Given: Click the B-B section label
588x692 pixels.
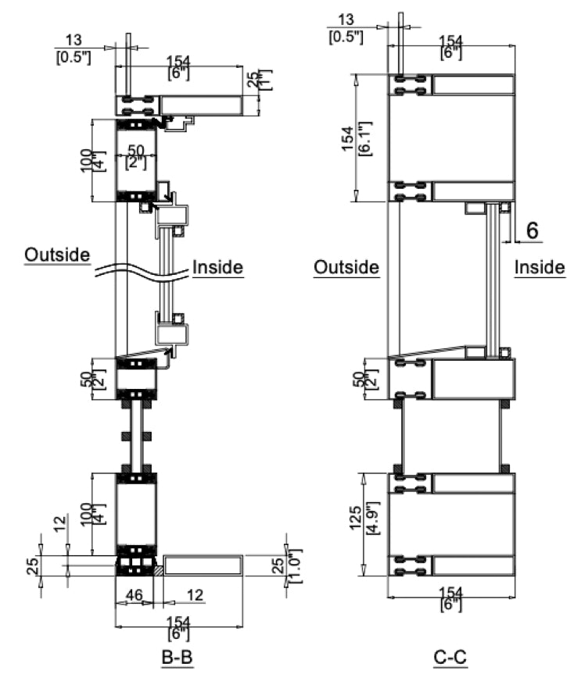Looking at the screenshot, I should pyautogui.click(x=177, y=658).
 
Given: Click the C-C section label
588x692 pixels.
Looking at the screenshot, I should pyautogui.click(x=450, y=658).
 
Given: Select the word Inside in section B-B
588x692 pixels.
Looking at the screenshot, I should pyautogui.click(x=217, y=267).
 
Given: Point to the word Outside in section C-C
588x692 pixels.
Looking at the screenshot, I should pyautogui.click(x=346, y=267).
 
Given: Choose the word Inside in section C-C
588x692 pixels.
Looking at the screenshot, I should pyautogui.click(x=540, y=267).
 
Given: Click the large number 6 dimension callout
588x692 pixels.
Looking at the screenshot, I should pyautogui.click(x=532, y=230).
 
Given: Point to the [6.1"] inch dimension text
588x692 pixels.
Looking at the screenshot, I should pyautogui.click(x=364, y=137).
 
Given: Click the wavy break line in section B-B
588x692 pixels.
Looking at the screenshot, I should pyautogui.click(x=141, y=273).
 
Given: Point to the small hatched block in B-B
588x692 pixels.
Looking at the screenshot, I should pyautogui.click(x=159, y=572).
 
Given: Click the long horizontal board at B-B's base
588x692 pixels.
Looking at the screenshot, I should pyautogui.click(x=203, y=565).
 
